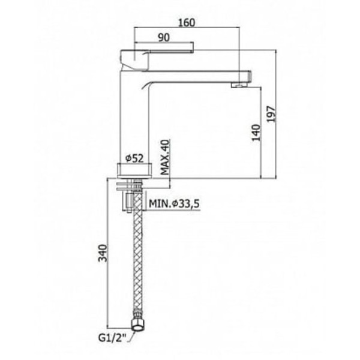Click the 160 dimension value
187,23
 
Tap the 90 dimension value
164,38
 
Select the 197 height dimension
271,114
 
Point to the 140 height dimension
256,133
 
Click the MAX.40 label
165,157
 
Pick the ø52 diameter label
134,158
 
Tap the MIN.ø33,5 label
174,203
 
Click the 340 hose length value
103,253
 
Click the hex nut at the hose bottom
138,325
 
